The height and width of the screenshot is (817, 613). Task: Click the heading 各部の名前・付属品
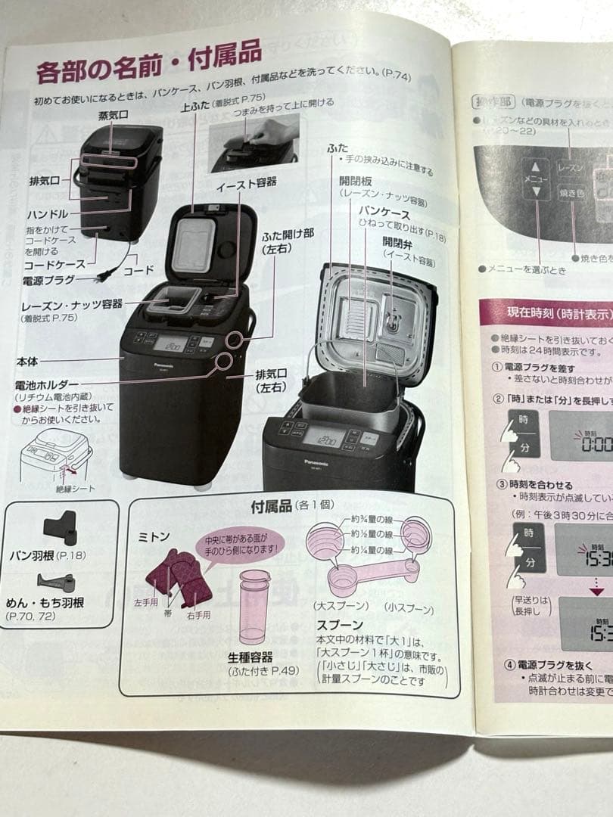(x=148, y=63)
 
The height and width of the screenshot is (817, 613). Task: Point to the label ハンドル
(x=48, y=214)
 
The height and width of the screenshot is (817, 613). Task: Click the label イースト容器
(x=246, y=182)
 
